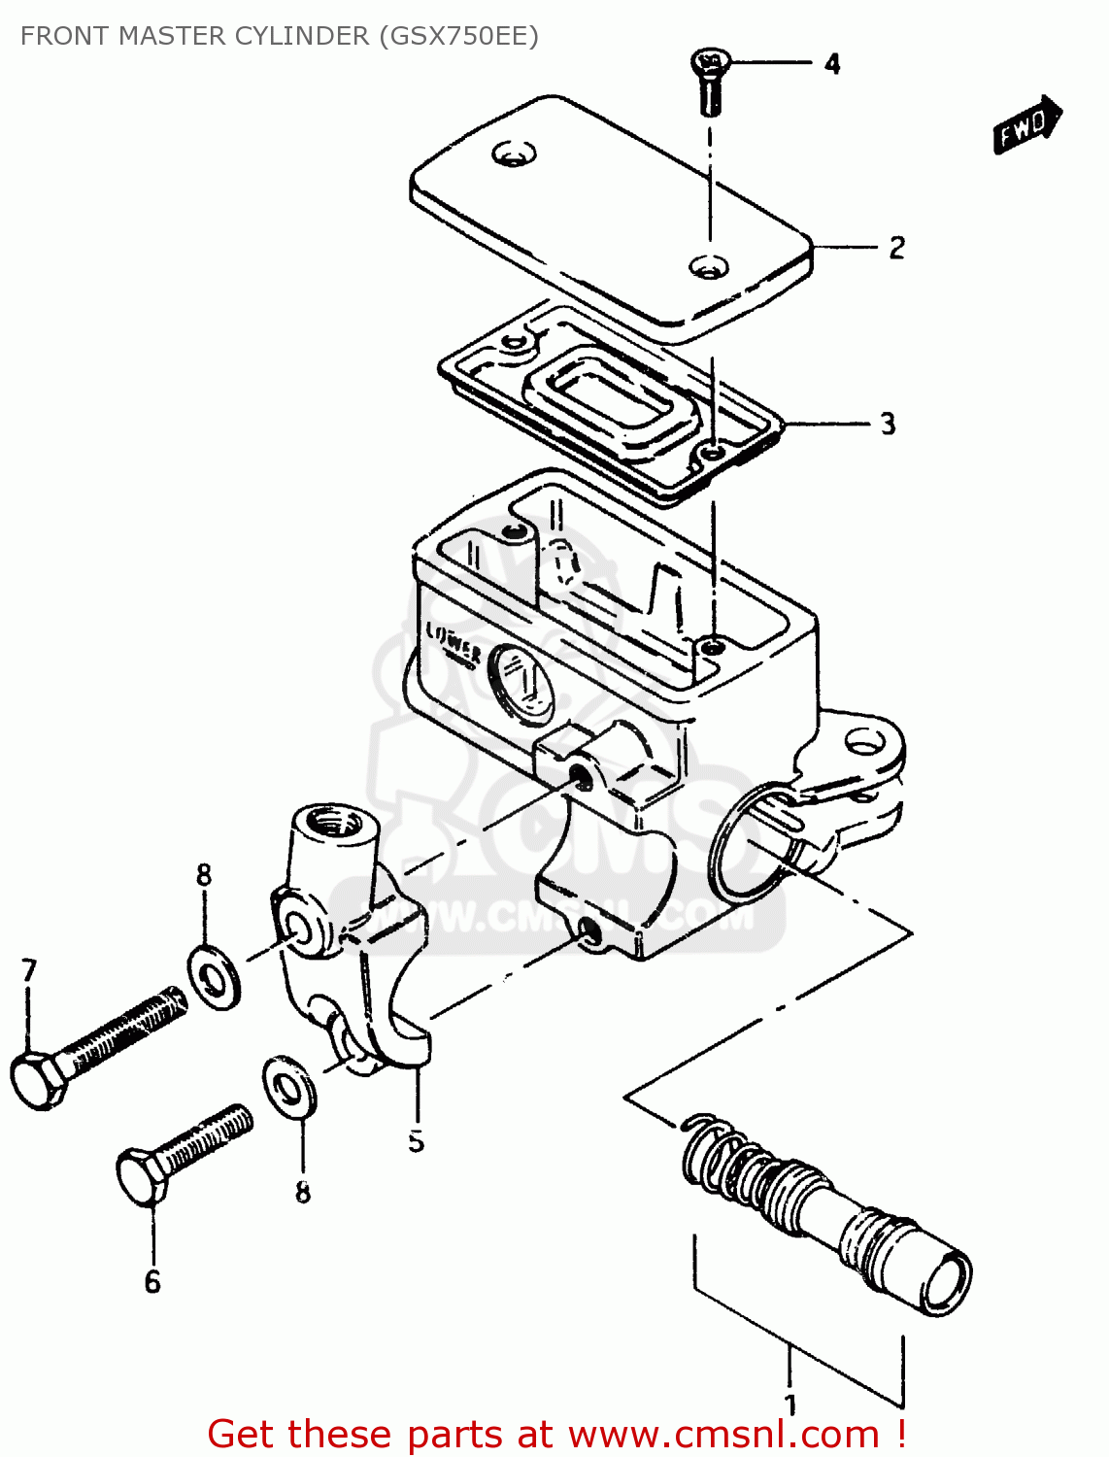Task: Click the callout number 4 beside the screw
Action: [832, 65]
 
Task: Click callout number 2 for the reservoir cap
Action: [896, 248]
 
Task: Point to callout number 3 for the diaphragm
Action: [888, 424]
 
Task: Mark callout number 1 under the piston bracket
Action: [790, 1405]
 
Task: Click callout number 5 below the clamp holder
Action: [416, 1140]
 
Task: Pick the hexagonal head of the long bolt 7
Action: [37, 1078]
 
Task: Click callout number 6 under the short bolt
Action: [152, 1282]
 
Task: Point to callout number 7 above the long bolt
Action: [29, 970]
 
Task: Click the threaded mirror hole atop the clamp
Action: [334, 827]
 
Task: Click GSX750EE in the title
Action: [458, 36]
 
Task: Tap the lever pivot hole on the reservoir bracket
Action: [863, 744]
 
